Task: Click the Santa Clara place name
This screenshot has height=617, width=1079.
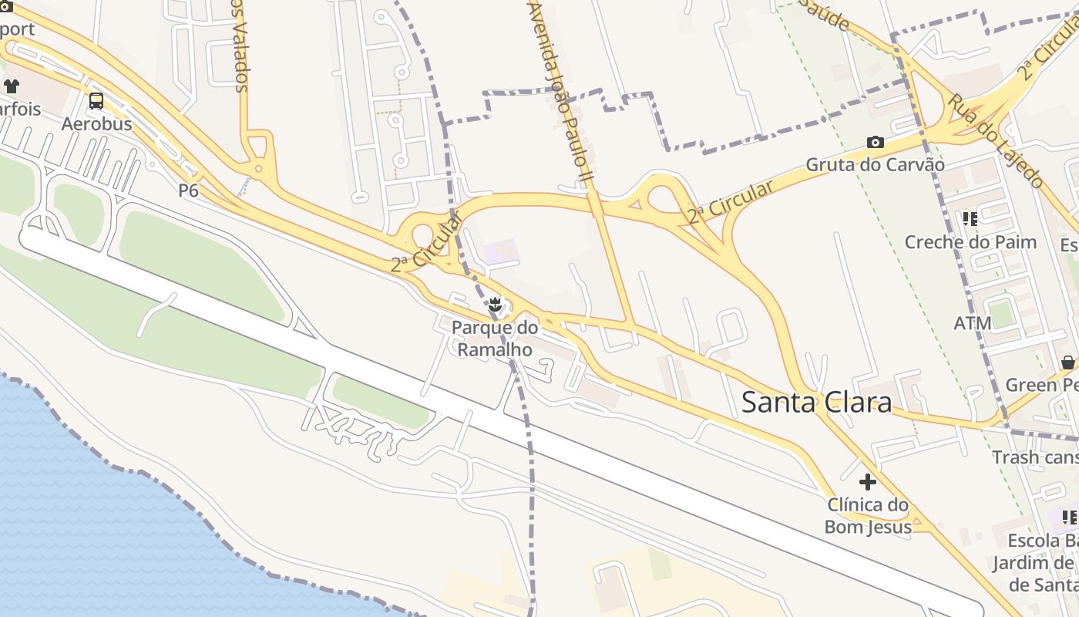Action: point(816,403)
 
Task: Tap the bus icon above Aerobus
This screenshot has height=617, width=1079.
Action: point(96,101)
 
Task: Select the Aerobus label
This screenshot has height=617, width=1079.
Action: point(96,124)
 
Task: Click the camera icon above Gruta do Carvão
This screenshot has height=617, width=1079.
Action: point(875,142)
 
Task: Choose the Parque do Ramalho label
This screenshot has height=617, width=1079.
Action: point(495,338)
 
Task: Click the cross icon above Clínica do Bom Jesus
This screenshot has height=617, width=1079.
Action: point(868,482)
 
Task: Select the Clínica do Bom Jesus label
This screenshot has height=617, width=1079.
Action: point(868,516)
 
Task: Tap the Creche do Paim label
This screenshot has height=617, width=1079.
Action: point(970,242)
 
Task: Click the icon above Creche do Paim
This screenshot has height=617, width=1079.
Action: point(970,219)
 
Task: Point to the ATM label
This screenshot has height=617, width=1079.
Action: point(973,323)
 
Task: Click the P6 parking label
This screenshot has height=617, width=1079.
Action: point(189,190)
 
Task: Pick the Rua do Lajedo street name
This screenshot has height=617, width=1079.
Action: point(995,140)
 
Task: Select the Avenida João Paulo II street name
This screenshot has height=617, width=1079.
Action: point(560,93)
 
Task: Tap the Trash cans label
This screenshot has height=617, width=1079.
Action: point(1035,457)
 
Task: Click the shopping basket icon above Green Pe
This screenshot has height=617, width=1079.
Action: point(1067,362)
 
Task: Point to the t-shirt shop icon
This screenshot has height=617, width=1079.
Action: point(11,86)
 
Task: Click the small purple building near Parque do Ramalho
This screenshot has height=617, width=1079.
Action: point(500,251)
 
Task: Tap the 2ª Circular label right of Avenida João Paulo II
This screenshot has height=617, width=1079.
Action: point(730,202)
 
